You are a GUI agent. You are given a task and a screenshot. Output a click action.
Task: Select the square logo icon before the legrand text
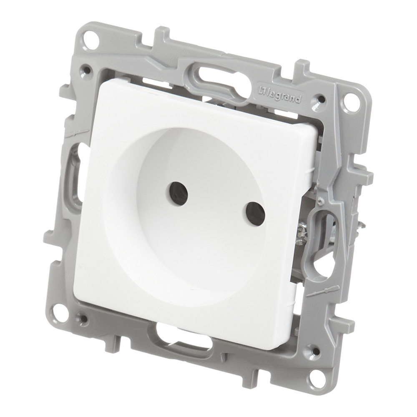262,90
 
